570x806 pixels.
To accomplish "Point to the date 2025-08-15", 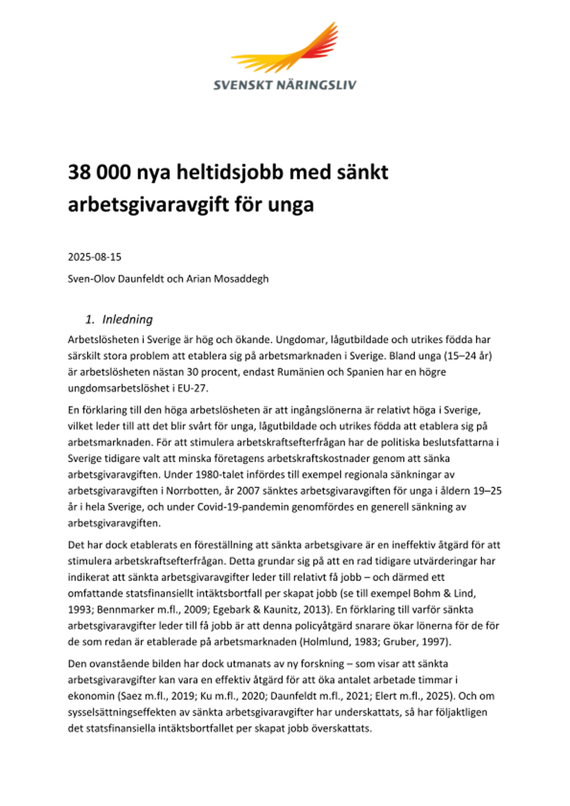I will pos(94,257).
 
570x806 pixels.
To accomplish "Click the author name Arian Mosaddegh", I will pos(227,279).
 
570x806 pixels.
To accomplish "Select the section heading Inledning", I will pos(127,319).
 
